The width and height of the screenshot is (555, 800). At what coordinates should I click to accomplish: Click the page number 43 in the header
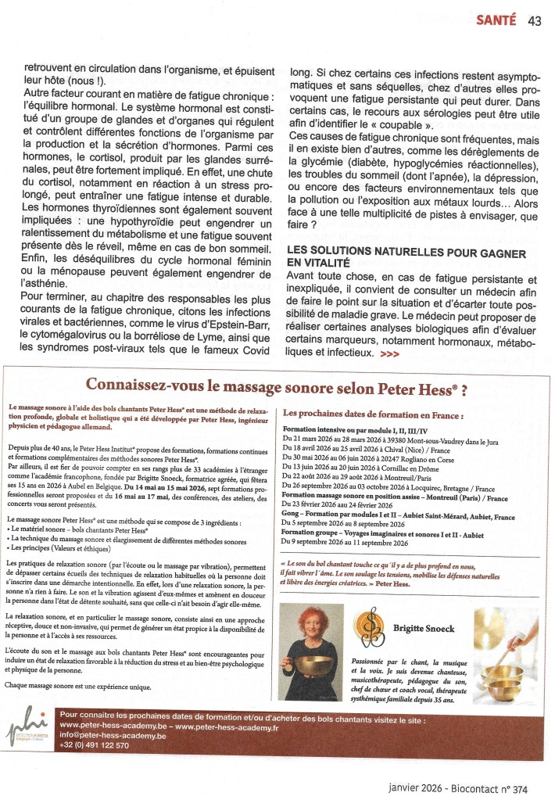(x=535, y=21)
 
